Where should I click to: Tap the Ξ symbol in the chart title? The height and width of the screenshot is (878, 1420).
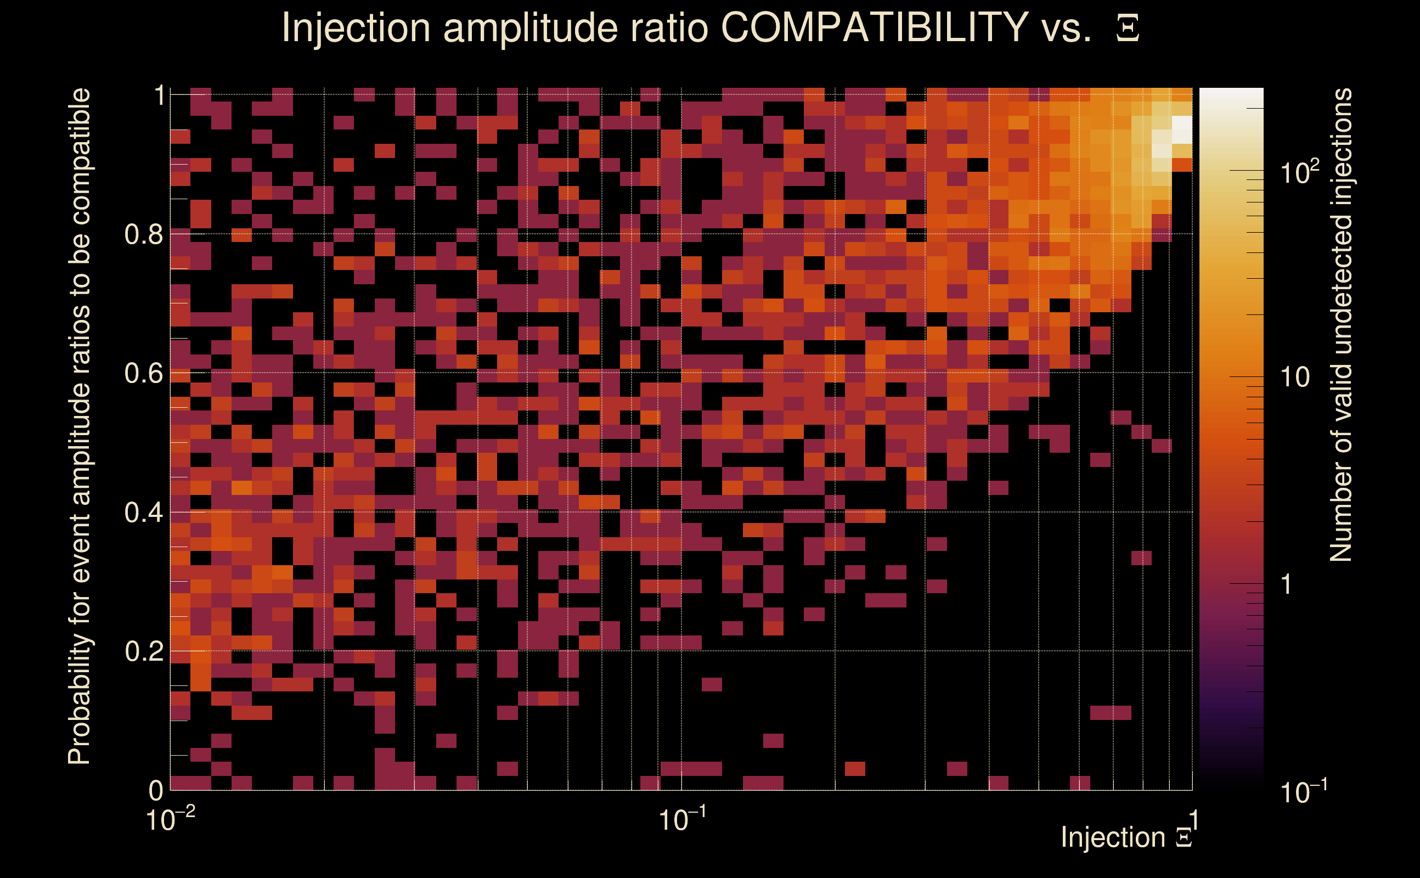tap(1128, 29)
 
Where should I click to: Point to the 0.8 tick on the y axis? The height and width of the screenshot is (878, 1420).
tap(143, 235)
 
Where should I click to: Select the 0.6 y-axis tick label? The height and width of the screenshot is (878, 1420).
tap(143, 373)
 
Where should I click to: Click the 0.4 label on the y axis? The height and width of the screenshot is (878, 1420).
tap(143, 513)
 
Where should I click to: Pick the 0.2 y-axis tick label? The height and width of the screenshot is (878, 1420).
tap(143, 651)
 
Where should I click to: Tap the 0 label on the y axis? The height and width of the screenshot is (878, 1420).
tap(156, 790)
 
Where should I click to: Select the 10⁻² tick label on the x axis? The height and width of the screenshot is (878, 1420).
tap(170, 819)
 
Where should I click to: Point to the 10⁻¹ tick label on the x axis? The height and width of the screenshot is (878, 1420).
tap(681, 819)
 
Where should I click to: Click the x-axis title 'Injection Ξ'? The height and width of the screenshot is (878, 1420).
tap(1126, 837)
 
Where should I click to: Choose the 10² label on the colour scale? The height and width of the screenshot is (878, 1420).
tap(1299, 172)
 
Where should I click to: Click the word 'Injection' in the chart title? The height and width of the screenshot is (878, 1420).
tap(356, 27)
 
